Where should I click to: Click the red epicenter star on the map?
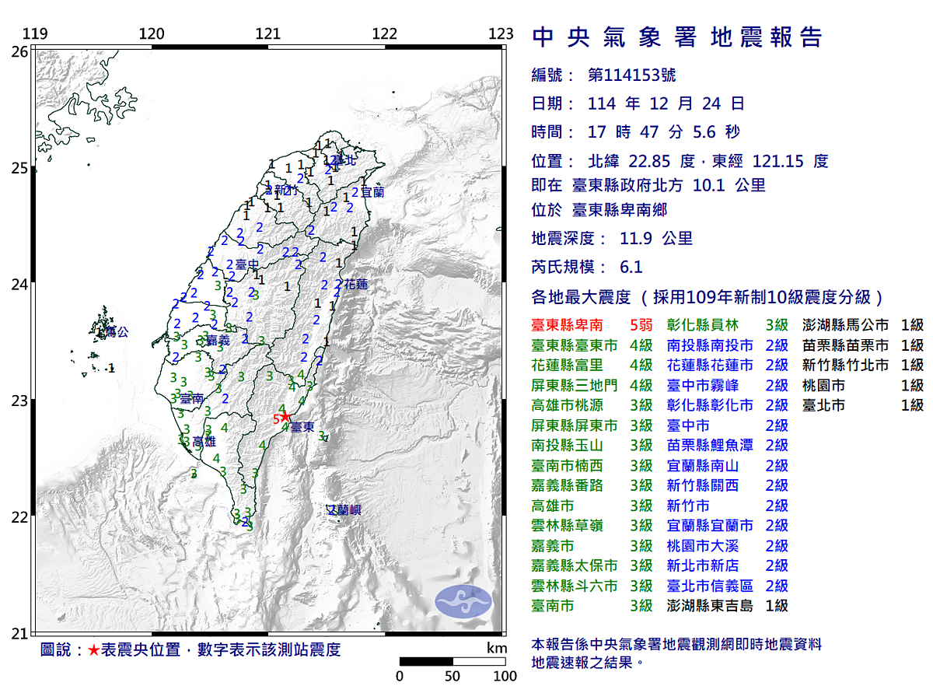[285, 416]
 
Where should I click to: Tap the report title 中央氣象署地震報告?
[676, 37]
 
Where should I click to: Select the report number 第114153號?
[631, 75]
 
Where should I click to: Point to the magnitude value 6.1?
[631, 267]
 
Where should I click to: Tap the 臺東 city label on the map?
[302, 428]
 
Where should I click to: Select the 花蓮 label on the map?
[356, 284]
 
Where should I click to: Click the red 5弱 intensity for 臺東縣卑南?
[641, 325]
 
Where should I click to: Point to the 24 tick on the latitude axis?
[19, 285]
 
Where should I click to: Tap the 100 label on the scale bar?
[505, 676]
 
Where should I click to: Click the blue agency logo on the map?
[463, 600]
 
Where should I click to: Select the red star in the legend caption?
[93, 650]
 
